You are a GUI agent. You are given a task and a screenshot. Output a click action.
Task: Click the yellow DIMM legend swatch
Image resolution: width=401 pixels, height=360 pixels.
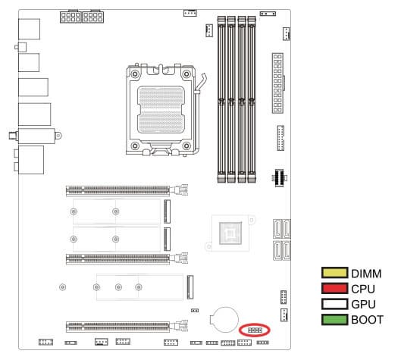[x=334, y=273]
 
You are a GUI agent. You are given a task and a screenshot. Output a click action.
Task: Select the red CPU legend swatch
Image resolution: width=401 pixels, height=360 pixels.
[x=334, y=288]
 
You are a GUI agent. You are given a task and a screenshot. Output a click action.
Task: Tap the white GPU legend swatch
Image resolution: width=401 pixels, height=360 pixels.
[x=334, y=304]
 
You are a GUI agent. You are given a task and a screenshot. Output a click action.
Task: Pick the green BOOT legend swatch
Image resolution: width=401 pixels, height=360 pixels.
[x=334, y=319]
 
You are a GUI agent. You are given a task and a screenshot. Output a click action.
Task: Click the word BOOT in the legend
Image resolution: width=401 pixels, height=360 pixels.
[x=367, y=320]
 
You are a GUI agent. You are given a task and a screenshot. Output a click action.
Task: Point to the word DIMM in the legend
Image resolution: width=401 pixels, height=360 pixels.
[x=366, y=274]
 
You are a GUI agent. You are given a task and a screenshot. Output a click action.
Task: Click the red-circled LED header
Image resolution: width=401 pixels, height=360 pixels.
[x=255, y=330]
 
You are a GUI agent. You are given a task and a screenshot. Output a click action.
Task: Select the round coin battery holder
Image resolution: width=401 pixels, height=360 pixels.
[x=224, y=319]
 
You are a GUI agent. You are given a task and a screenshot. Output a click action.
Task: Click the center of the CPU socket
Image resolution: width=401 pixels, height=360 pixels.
[x=161, y=109]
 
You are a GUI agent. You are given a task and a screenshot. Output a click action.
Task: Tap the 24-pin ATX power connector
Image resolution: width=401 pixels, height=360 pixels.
[x=277, y=83]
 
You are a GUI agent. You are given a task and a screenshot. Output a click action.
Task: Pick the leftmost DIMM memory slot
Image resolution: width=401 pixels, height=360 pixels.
[x=221, y=99]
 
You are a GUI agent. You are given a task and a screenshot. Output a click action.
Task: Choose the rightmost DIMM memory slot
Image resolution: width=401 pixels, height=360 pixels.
[x=252, y=99]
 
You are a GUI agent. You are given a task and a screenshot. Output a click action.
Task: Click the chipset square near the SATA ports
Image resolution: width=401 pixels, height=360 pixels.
[x=230, y=233]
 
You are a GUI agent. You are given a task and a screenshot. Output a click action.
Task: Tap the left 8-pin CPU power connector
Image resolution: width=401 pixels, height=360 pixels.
[x=70, y=17]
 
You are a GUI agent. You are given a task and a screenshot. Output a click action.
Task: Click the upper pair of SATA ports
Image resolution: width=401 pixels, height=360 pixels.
[x=281, y=229]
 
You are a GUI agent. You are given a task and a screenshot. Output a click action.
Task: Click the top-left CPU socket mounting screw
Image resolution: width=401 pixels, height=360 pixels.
[x=135, y=74]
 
